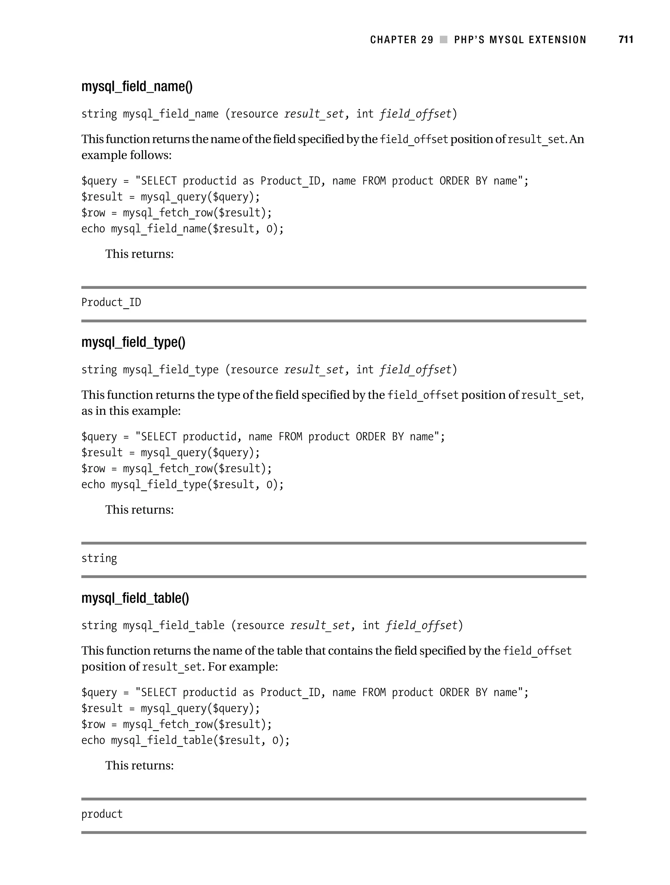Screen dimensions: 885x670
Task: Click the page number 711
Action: [626, 40]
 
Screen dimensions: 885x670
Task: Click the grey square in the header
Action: [444, 40]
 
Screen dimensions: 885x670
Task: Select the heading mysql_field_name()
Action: [137, 86]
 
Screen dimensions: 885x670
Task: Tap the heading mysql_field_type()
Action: [133, 342]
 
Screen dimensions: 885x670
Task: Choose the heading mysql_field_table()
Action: [135, 598]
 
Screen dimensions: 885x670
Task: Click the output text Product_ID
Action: [111, 303]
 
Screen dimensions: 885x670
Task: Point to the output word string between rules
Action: [99, 558]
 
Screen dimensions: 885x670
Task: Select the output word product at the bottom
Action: [102, 814]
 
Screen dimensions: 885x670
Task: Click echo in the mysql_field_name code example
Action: [93, 229]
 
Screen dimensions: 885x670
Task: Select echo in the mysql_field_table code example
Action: [93, 740]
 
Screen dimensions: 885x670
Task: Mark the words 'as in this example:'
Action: [131, 411]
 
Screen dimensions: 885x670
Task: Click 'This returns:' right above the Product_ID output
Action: [139, 254]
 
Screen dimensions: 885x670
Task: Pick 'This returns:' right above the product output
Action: [139, 765]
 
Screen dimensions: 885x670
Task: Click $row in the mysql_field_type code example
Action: [93, 469]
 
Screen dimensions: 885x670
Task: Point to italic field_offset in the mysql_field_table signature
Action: [421, 625]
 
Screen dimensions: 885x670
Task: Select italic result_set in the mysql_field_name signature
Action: [314, 114]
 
